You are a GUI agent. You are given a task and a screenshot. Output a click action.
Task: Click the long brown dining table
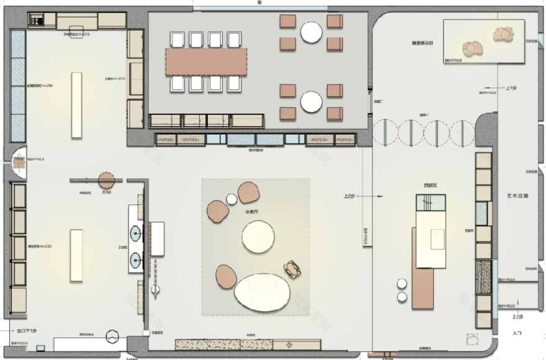[x=206, y=61]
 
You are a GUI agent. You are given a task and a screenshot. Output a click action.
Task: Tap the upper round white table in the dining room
[x=311, y=32]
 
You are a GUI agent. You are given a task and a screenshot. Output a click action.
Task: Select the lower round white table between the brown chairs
[x=311, y=102]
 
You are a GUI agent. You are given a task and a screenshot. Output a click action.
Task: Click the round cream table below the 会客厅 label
[x=258, y=236]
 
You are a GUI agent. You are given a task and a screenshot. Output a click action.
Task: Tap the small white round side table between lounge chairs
[x=232, y=199]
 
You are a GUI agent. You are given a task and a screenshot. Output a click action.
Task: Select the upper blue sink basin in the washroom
[x=135, y=234]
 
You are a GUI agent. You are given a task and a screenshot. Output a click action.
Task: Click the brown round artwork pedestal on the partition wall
[x=107, y=181]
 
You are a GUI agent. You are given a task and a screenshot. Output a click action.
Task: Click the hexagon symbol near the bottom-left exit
[x=113, y=336]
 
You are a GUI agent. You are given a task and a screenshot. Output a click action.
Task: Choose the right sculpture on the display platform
[x=504, y=34]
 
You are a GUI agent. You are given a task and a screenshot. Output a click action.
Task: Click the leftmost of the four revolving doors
[x=385, y=132]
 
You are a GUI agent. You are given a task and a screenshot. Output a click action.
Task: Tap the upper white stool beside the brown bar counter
[x=401, y=284]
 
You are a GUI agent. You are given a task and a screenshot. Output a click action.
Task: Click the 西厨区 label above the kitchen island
[x=429, y=185]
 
